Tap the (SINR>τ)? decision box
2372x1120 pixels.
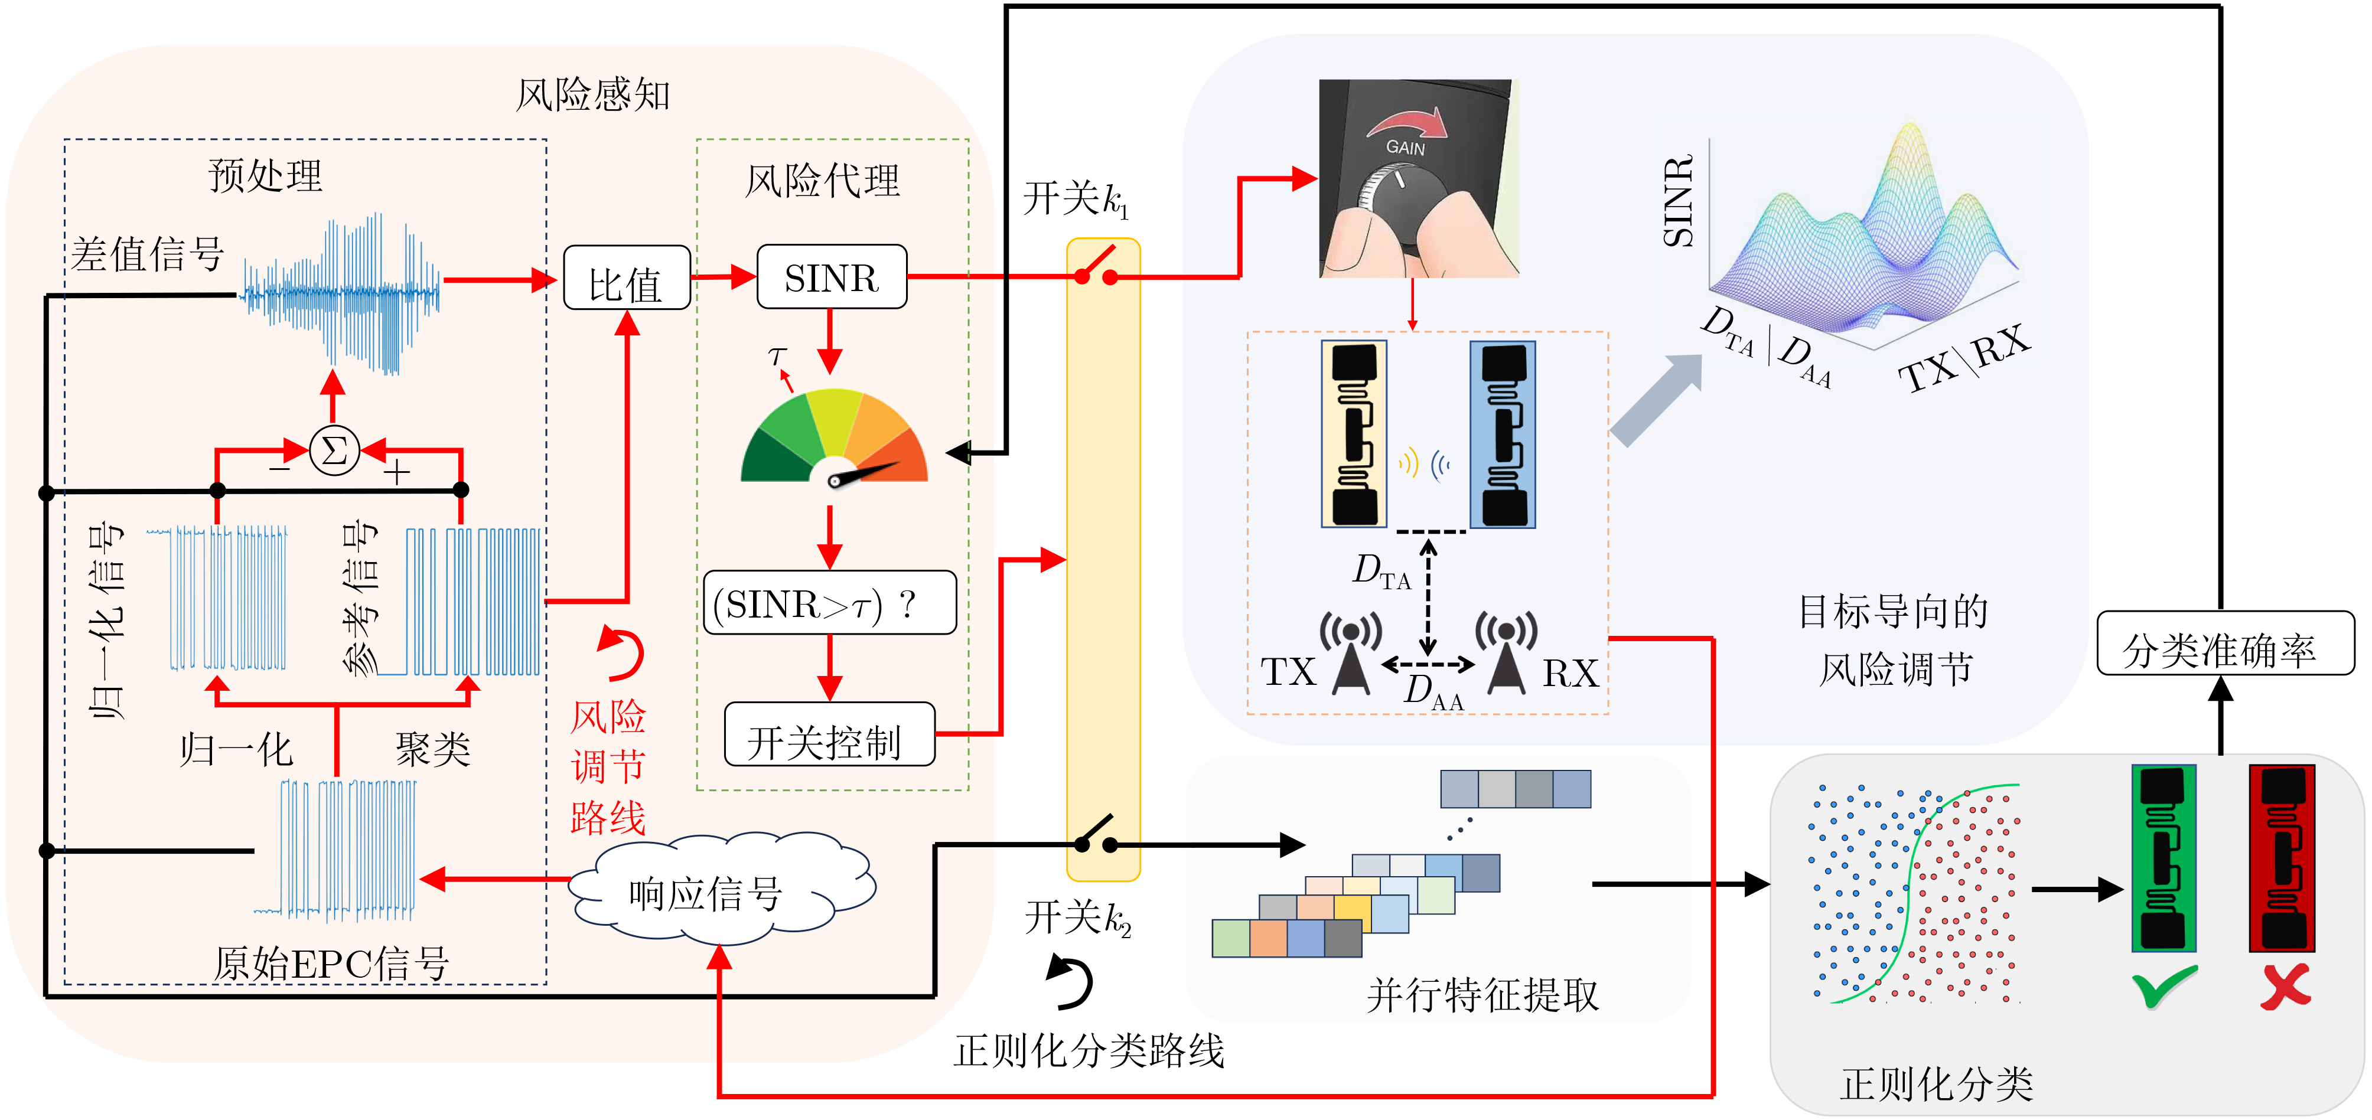coord(830,603)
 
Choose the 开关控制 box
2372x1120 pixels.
coord(830,734)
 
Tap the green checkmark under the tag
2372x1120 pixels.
coord(2164,987)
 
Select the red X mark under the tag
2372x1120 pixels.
coord(2285,987)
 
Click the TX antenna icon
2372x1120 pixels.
coord(1350,654)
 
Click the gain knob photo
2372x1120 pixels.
coord(1419,178)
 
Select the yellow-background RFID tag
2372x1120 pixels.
coord(1354,433)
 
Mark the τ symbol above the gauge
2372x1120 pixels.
coord(777,355)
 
